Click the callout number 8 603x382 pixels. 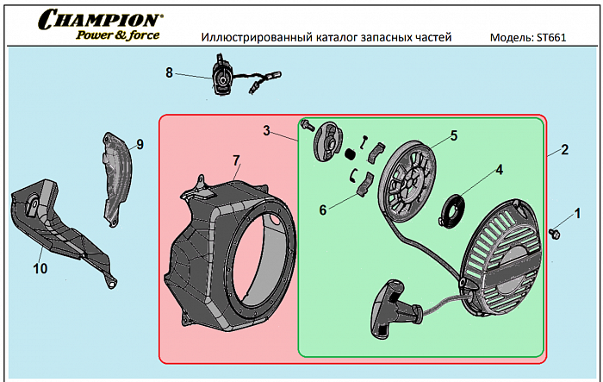tap(170, 72)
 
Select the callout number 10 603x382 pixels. tap(40, 268)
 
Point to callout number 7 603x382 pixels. tap(235, 160)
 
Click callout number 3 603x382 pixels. tap(268, 131)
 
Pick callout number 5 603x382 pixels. tap(453, 135)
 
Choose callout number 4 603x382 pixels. tap(498, 169)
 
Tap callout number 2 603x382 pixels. tap(564, 149)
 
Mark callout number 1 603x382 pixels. tap(577, 212)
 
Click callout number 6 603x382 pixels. tap(324, 209)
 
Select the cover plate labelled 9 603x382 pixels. tap(116, 177)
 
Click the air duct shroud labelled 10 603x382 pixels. tap(60, 229)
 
